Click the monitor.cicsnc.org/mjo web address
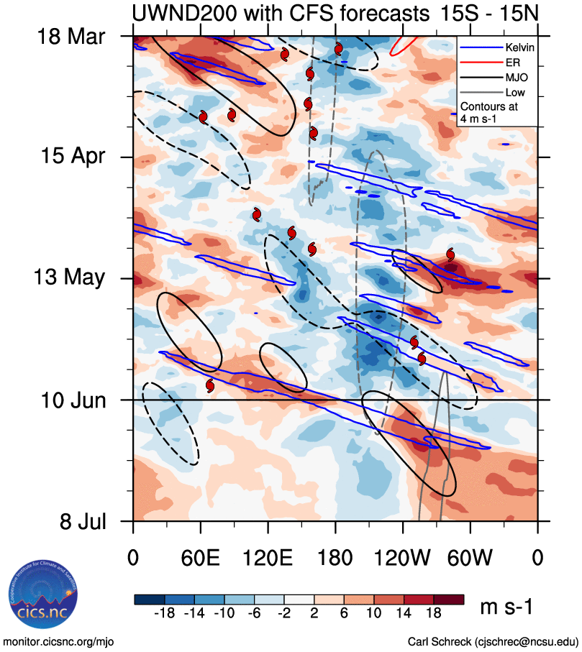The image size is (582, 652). [60, 640]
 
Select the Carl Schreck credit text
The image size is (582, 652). [493, 640]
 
